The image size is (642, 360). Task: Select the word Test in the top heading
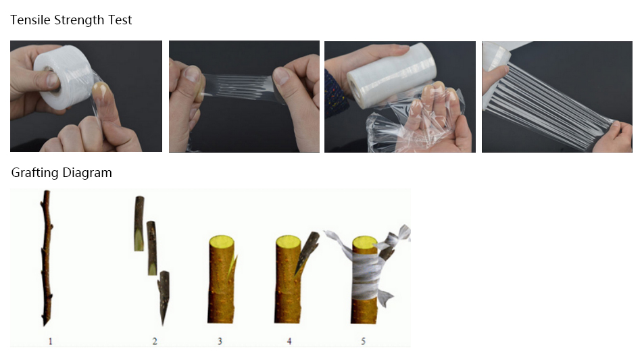click(x=120, y=20)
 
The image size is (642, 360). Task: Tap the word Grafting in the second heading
click(x=34, y=173)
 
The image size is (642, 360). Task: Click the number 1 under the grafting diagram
click(x=51, y=341)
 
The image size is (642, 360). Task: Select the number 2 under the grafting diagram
click(x=154, y=341)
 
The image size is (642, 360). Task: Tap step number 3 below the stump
click(x=220, y=341)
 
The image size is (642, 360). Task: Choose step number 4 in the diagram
click(x=289, y=341)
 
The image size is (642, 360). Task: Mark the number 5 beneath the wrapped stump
click(x=363, y=341)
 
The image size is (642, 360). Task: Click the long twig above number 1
click(x=47, y=258)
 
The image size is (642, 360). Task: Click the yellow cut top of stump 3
click(x=222, y=241)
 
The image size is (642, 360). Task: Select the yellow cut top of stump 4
click(x=289, y=241)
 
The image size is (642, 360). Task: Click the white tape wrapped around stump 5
click(x=366, y=272)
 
